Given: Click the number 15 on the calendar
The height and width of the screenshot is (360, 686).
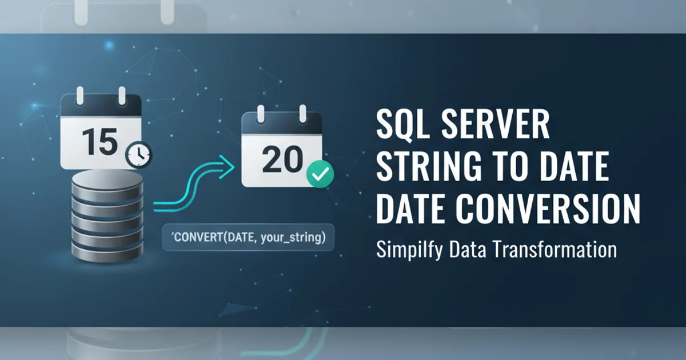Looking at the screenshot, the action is pyautogui.click(x=100, y=142).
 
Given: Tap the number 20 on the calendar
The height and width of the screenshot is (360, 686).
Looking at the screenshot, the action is pyautogui.click(x=282, y=159).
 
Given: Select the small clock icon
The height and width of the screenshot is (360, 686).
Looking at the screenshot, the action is pyautogui.click(x=139, y=155).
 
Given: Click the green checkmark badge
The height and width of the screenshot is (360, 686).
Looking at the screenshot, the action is pyautogui.click(x=320, y=174).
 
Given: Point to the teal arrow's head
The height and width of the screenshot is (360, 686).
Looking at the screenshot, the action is pyautogui.click(x=228, y=166).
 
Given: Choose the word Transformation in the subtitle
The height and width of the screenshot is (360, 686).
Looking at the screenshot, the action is pyautogui.click(x=555, y=250).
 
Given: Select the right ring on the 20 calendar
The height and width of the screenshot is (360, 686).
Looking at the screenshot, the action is pyautogui.click(x=303, y=114).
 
